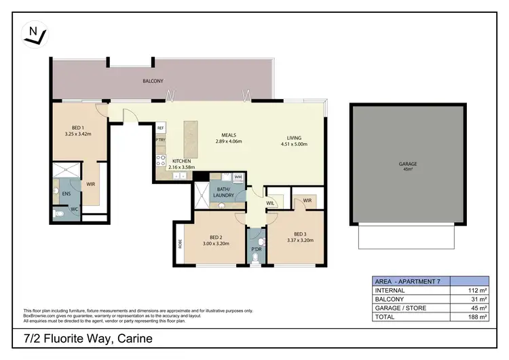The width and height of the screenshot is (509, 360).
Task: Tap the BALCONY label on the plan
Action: pyautogui.click(x=153, y=81)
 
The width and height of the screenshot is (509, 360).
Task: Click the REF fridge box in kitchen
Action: pyautogui.click(x=161, y=128)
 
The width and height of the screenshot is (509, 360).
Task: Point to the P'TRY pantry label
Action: pyautogui.click(x=161, y=140)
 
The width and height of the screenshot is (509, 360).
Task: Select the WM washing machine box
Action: pyautogui.click(x=238, y=177)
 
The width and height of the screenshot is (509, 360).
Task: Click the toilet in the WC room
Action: pyautogui.click(x=61, y=212)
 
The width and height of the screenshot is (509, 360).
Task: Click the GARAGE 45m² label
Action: pyautogui.click(x=408, y=165)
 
